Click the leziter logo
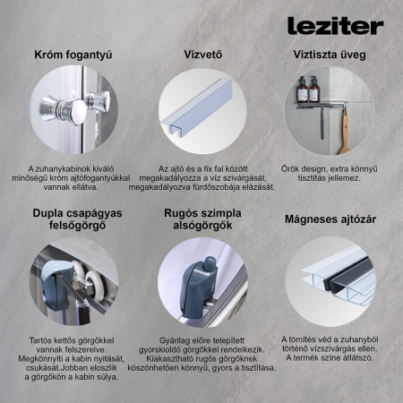coord(335,26)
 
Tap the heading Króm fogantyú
coord(73,55)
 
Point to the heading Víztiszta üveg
coord(329,55)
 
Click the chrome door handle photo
coord(73,109)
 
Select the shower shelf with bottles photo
coord(329,109)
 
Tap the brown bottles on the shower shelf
coord(307,89)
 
